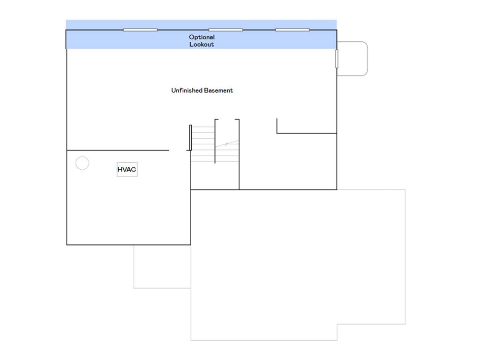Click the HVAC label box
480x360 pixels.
tap(127, 169)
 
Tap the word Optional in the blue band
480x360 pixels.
tap(202, 37)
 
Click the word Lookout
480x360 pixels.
tap(202, 45)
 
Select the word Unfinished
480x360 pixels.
tap(187, 90)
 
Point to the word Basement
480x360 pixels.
tap(218, 90)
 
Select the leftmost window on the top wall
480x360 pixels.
tap(140, 30)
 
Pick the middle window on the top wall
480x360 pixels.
tap(225, 30)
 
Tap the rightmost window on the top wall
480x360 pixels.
tap(292, 30)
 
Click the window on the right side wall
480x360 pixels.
tap(337, 59)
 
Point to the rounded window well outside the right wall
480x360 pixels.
tap(367, 59)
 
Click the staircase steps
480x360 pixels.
tap(215, 144)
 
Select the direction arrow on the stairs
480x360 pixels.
tap(227, 143)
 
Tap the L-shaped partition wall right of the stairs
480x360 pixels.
tap(277, 133)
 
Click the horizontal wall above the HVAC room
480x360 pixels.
tap(118, 150)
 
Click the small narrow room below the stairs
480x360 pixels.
tap(215, 176)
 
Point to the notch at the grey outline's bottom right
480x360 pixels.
tap(337, 324)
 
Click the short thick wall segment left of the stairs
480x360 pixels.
tap(190, 137)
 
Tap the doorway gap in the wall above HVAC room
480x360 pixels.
tap(178, 150)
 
